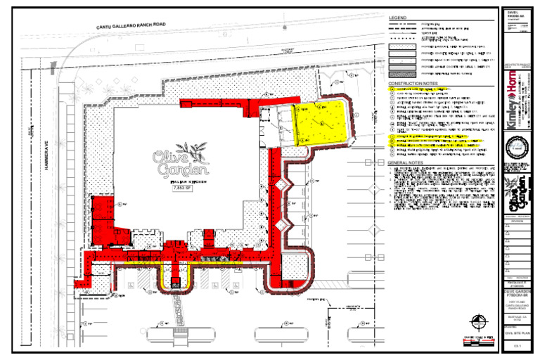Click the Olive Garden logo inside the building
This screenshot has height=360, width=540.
(181, 163)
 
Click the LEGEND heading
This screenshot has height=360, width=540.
(398, 17)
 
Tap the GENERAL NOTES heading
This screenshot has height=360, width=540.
(407, 163)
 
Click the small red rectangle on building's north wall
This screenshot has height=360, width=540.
(186, 104)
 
